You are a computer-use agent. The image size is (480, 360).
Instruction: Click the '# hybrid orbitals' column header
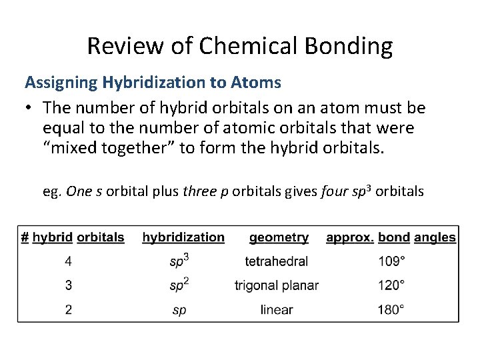tap(73, 237)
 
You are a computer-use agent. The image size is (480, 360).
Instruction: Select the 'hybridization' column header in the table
tap(183, 237)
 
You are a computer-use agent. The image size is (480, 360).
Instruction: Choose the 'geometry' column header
tap(279, 237)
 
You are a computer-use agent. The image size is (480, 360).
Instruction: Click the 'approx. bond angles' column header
tap(391, 237)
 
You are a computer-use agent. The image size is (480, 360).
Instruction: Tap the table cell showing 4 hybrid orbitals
tap(69, 261)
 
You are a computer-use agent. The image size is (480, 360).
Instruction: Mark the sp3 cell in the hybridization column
tap(179, 261)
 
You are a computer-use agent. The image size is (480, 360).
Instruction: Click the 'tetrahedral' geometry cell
tap(277, 261)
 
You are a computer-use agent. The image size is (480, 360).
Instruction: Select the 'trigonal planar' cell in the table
tap(277, 285)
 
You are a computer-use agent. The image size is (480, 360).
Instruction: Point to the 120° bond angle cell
tap(391, 285)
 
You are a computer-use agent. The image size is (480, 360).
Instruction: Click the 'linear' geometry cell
tap(277, 309)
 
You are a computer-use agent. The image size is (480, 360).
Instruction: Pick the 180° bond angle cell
tap(391, 309)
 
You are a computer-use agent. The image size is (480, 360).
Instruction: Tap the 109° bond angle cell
tap(391, 261)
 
